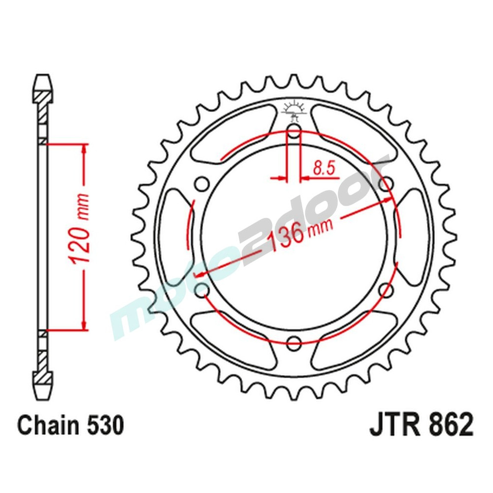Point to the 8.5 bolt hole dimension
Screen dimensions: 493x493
(323, 169)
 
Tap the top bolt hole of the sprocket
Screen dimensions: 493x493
(294, 131)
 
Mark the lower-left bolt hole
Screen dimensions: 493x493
(201, 289)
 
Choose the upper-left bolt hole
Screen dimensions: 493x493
(201, 184)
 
